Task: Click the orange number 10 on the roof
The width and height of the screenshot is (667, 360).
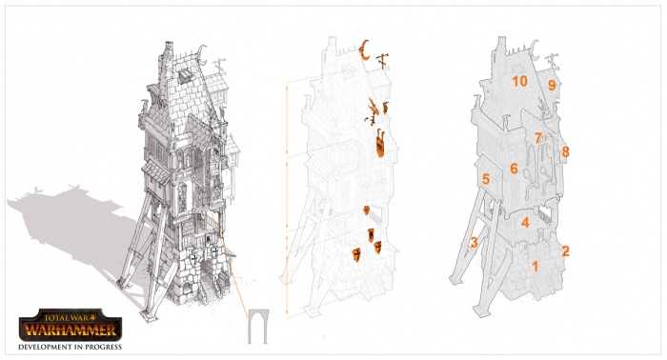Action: pyautogui.click(x=519, y=81)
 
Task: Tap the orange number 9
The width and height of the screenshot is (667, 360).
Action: pyautogui.click(x=552, y=86)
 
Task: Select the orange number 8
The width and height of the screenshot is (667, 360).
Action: pyautogui.click(x=565, y=151)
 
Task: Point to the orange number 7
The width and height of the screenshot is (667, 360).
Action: pyautogui.click(x=538, y=138)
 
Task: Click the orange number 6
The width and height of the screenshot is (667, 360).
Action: pyautogui.click(x=514, y=169)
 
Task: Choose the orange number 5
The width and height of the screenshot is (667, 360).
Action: pyautogui.click(x=486, y=179)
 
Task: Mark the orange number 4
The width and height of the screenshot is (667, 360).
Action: pyautogui.click(x=525, y=222)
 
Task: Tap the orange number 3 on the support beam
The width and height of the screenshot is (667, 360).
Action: pyautogui.click(x=474, y=242)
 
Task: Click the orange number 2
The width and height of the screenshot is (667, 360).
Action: pyautogui.click(x=565, y=251)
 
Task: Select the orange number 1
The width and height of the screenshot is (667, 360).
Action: pyautogui.click(x=536, y=267)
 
